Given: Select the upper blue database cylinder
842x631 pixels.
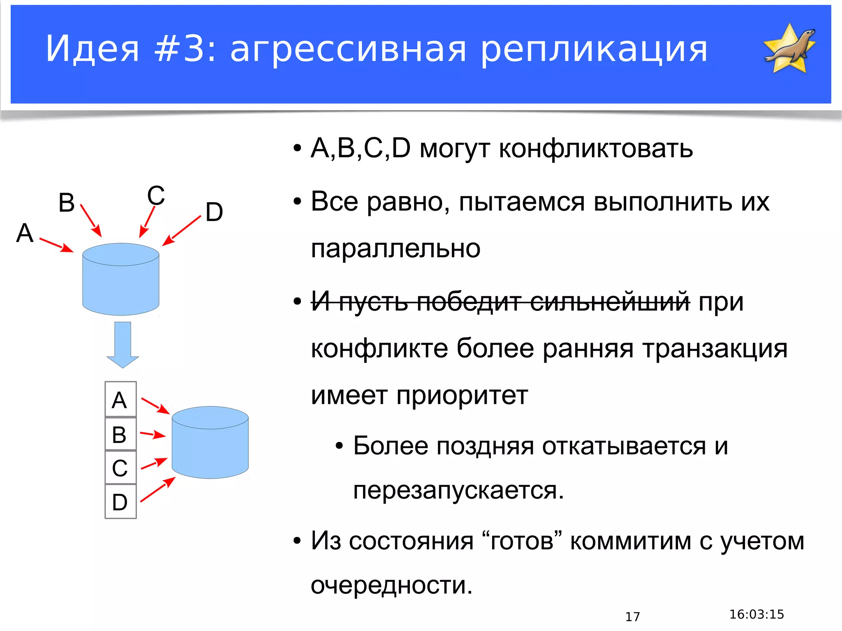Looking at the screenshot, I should pyautogui.click(x=120, y=279).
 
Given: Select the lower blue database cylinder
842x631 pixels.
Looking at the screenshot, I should pyautogui.click(x=210, y=442).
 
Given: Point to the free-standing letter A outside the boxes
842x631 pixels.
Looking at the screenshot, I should pyautogui.click(x=25, y=233).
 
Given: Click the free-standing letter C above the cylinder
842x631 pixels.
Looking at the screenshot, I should pyautogui.click(x=156, y=196).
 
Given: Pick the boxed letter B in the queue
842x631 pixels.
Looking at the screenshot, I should pyautogui.click(x=120, y=435).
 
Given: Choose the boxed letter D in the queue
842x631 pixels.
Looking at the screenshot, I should pyautogui.click(x=120, y=502).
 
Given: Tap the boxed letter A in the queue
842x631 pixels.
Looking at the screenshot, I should pyautogui.click(x=120, y=400).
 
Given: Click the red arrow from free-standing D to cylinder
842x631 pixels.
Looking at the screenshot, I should pyautogui.click(x=181, y=231).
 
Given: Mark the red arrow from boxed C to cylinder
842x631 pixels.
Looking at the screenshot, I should pyautogui.click(x=154, y=464).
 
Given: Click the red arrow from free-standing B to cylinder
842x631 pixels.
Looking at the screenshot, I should pyautogui.click(x=91, y=221).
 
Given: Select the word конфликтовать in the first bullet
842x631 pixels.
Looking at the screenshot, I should pyautogui.click(x=596, y=148).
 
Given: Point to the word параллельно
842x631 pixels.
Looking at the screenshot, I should pyautogui.click(x=396, y=249).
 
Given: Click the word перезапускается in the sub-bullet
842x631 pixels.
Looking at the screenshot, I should pyautogui.click(x=458, y=491).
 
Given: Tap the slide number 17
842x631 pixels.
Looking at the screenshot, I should pyautogui.click(x=632, y=616).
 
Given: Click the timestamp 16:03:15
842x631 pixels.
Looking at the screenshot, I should pyautogui.click(x=756, y=614).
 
